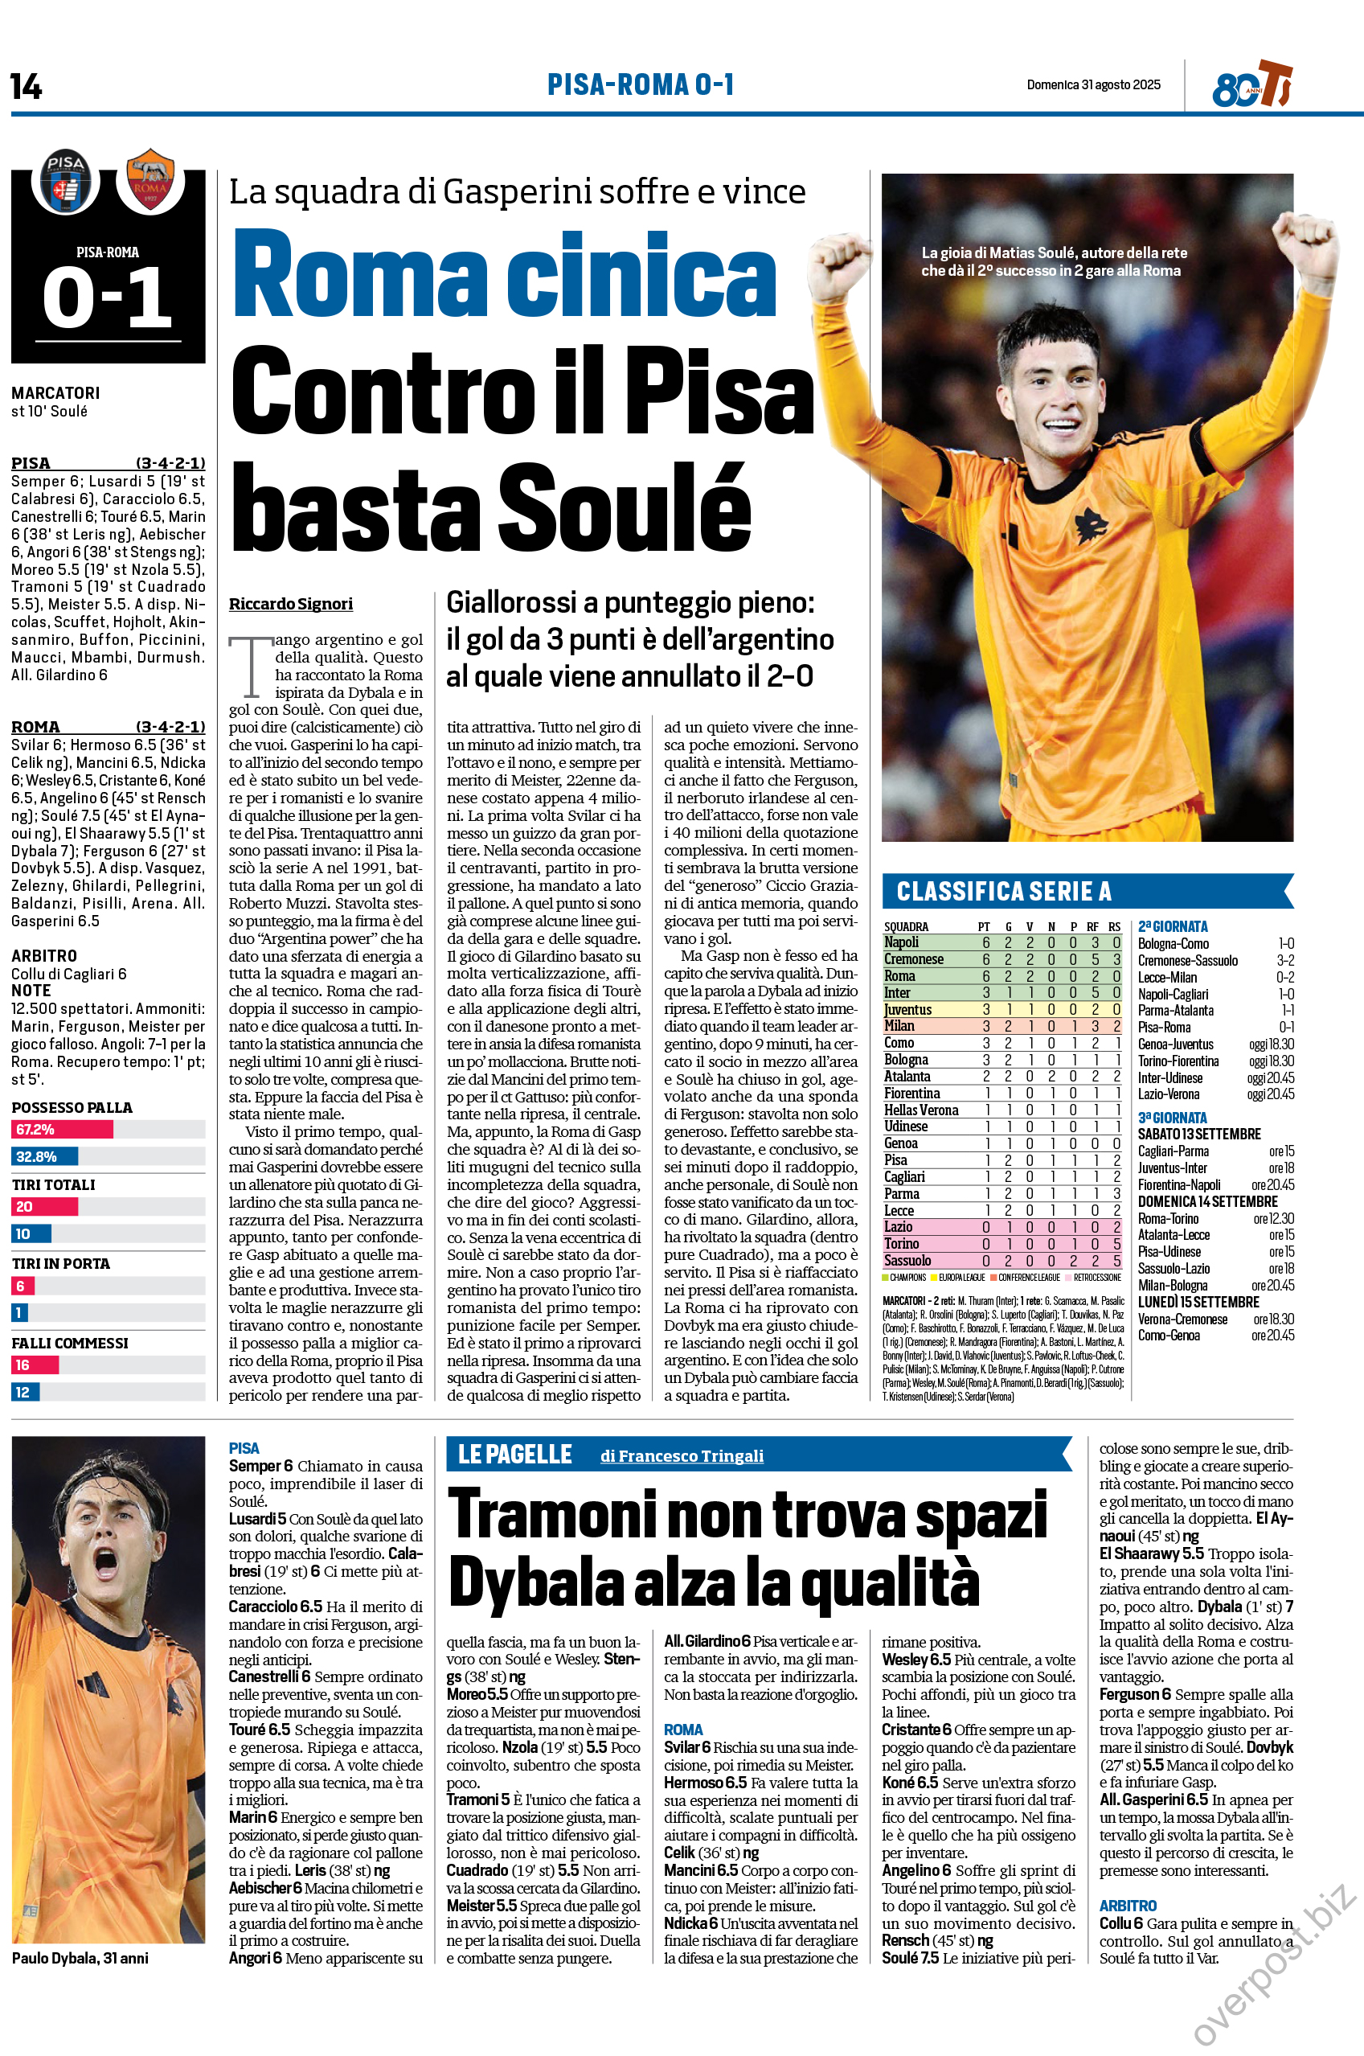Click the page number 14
tap(26, 86)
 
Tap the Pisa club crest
tap(65, 181)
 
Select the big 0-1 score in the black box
tap(108, 297)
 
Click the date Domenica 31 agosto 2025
tap(1093, 84)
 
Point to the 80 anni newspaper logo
tap(1251, 85)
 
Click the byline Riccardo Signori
tap(290, 604)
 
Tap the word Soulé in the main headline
tap(624, 507)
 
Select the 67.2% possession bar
tap(63, 1130)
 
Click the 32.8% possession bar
tap(45, 1156)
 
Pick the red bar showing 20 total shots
tap(45, 1207)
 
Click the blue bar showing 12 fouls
tap(25, 1392)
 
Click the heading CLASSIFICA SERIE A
tap(1004, 891)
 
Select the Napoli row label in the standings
tap(901, 942)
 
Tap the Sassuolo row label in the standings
tap(907, 1261)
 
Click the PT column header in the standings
tap(984, 926)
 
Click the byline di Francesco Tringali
tap(682, 1455)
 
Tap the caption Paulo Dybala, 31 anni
tap(80, 1958)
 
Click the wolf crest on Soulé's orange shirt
tap(1092, 526)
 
